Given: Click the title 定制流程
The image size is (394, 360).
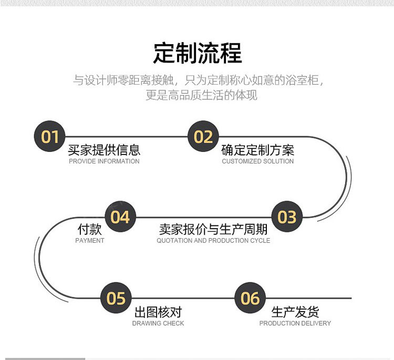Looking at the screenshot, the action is [x=197, y=54].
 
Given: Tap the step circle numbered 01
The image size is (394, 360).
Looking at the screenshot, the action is [x=50, y=137].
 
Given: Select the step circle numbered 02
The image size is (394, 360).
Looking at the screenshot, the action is [x=203, y=137].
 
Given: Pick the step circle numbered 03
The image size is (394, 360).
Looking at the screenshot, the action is [x=287, y=217].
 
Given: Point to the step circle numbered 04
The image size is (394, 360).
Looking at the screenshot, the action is [x=120, y=217].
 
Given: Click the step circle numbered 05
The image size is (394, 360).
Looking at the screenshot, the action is [x=116, y=298].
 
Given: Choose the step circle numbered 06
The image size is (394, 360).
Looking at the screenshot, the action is [x=251, y=298].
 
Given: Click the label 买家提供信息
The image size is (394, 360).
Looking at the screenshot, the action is [x=104, y=150].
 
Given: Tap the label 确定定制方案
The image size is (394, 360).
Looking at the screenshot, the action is [x=257, y=150].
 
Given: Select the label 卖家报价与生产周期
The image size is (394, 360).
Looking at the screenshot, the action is [x=213, y=229].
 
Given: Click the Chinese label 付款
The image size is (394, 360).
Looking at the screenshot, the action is [x=89, y=229].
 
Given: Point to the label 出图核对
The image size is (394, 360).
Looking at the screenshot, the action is [x=158, y=312].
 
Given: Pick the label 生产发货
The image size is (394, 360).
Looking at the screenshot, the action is [x=295, y=312].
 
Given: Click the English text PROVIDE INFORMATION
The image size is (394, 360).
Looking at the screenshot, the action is [x=104, y=161].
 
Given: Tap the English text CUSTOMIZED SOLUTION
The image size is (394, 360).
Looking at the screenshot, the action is [x=257, y=161].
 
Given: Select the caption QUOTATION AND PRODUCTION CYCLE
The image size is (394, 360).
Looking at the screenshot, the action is [x=213, y=241].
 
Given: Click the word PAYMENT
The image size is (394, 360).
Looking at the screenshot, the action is [x=90, y=241].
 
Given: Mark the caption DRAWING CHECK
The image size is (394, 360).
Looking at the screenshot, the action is [x=158, y=323].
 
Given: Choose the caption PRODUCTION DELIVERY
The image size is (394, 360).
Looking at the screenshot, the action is [x=295, y=323].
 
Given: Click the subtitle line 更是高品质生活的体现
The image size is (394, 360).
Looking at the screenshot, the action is [x=201, y=96].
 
